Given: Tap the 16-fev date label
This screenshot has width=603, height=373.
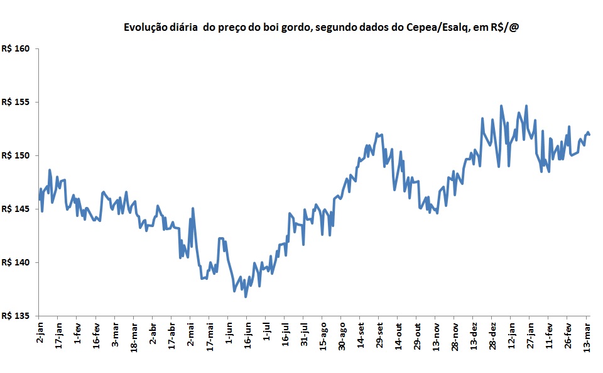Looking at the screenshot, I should click(x=96, y=334).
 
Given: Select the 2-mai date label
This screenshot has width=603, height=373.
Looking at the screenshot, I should click(x=190, y=333).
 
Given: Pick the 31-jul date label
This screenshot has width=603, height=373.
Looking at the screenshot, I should click(x=304, y=333).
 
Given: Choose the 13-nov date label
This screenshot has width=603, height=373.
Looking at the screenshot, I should click(x=436, y=334).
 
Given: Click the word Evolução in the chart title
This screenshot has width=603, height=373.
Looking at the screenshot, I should click(x=144, y=28).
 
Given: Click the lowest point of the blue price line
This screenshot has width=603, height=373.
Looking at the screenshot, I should click(x=246, y=296).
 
